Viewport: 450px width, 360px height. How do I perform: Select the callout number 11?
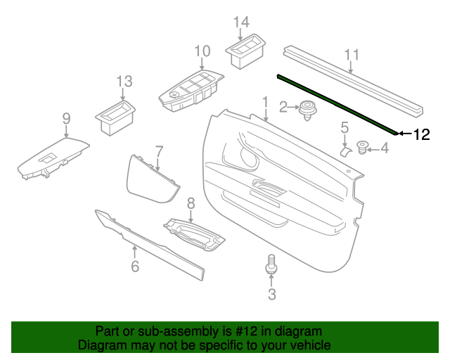tap(352, 55)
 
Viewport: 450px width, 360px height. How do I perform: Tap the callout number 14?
tap(241, 22)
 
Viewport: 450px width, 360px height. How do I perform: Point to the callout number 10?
tap(202, 51)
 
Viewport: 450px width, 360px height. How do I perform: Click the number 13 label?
tap(124, 82)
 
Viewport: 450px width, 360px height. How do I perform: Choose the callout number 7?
tap(159, 150)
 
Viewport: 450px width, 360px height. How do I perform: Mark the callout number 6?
tap(135, 266)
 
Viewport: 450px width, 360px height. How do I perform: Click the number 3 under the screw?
tap(271, 295)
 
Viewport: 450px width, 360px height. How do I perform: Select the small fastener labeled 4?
tap(364, 147)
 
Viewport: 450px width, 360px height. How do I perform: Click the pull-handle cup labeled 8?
tap(194, 233)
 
